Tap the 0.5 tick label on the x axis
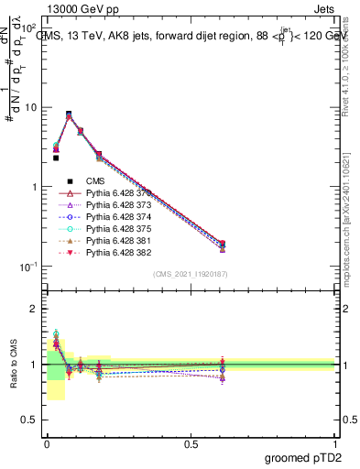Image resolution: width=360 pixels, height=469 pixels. (x=191, y=443)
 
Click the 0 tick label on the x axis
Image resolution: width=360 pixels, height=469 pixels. (x=47, y=443)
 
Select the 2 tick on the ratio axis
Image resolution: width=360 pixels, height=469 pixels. (x=34, y=309)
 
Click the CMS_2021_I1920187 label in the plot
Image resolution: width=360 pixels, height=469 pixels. (x=191, y=274)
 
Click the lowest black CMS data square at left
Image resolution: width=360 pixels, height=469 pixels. (x=55, y=158)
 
